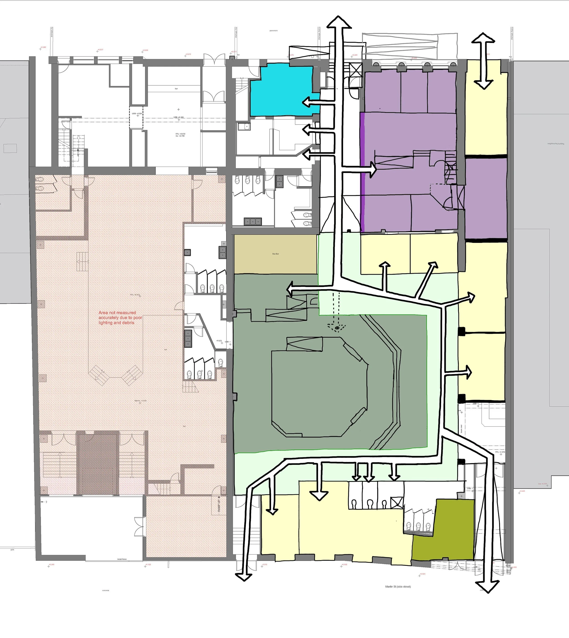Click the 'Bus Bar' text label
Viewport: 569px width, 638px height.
click(275, 254)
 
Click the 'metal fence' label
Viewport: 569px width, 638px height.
click(122, 559)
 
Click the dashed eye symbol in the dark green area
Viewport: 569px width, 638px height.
click(337, 328)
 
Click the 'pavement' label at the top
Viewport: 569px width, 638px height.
click(274, 31)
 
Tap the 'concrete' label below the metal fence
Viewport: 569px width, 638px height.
click(106, 590)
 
